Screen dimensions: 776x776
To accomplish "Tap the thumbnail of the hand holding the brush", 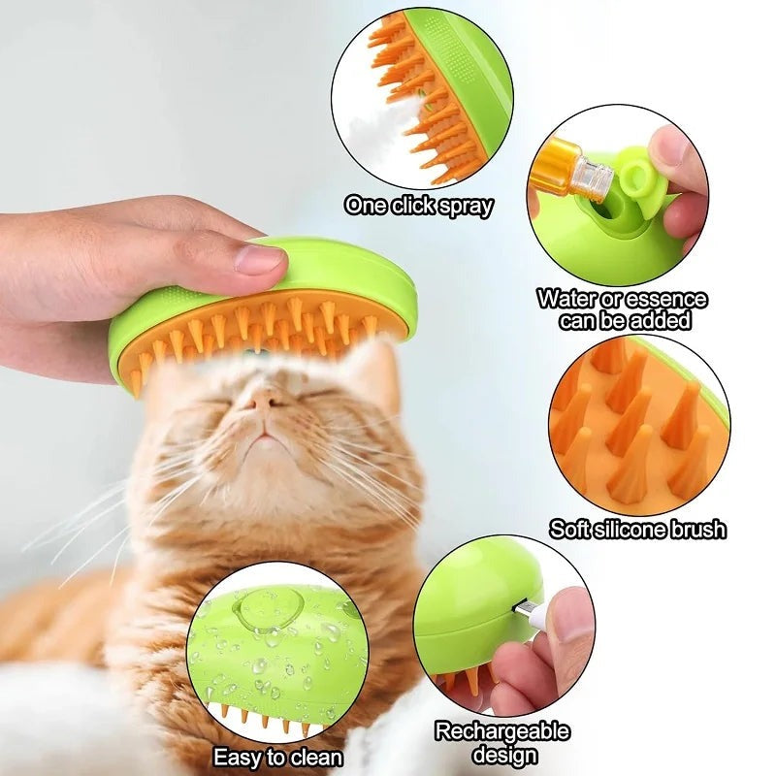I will [x=259, y=258].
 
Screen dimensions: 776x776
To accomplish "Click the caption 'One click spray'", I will [x=419, y=206].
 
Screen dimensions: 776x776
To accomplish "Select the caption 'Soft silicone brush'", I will [x=637, y=529].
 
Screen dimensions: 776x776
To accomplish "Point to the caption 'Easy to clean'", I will [x=277, y=756].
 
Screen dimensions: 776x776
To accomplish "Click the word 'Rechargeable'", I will [x=501, y=731].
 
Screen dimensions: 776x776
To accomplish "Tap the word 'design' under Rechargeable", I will [x=501, y=754].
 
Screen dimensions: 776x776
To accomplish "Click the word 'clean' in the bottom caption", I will [x=314, y=756].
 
